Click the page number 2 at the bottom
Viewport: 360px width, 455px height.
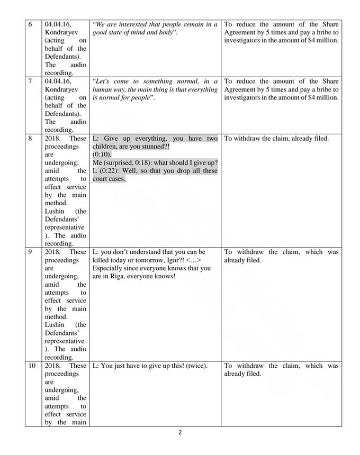[x=180, y=432]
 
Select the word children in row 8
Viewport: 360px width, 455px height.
[x=108, y=147]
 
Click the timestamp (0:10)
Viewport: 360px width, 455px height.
[x=102, y=154]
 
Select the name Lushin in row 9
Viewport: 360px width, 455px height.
[x=56, y=324]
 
